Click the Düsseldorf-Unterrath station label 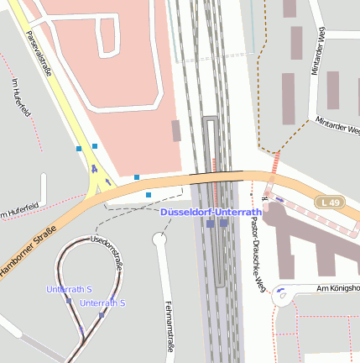[x=211, y=213]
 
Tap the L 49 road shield [x=331, y=203]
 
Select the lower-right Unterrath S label [x=103, y=302]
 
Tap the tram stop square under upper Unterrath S [x=69, y=300]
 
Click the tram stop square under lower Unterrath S [x=102, y=315]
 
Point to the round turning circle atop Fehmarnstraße [x=159, y=239]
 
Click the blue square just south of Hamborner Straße [x=149, y=195]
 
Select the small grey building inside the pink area [x=175, y=130]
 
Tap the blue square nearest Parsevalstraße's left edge [x=79, y=149]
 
